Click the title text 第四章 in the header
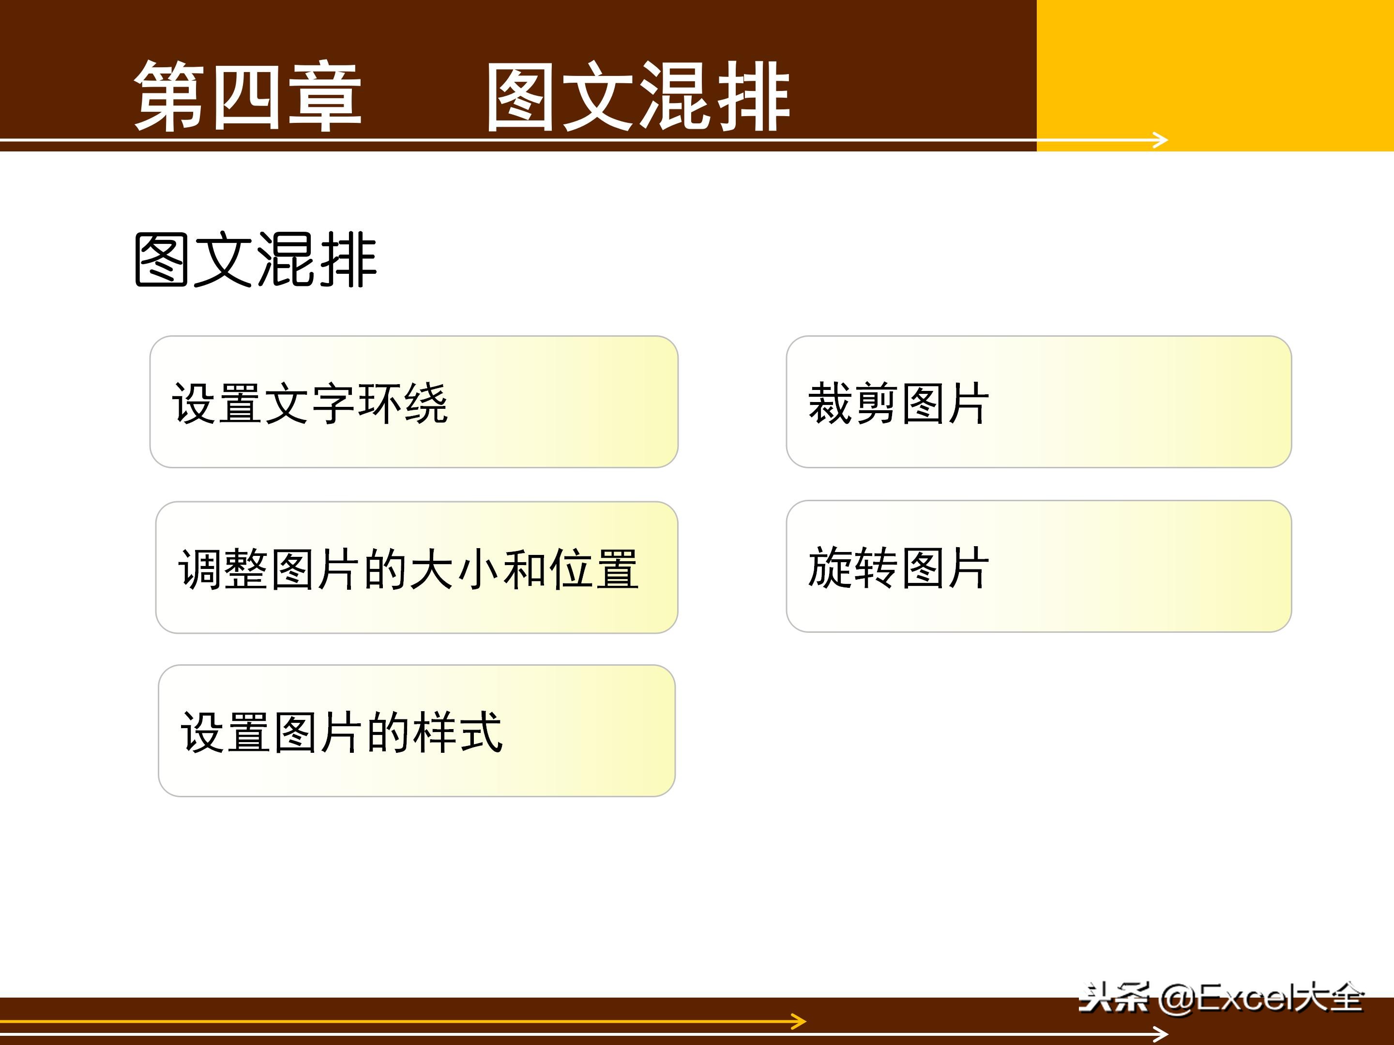(x=248, y=96)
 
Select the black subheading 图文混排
(x=255, y=259)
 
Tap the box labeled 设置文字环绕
(x=413, y=402)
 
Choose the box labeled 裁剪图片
(x=1039, y=402)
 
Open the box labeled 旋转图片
(x=1039, y=566)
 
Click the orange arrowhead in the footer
(x=799, y=1021)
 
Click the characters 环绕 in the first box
(x=403, y=403)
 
